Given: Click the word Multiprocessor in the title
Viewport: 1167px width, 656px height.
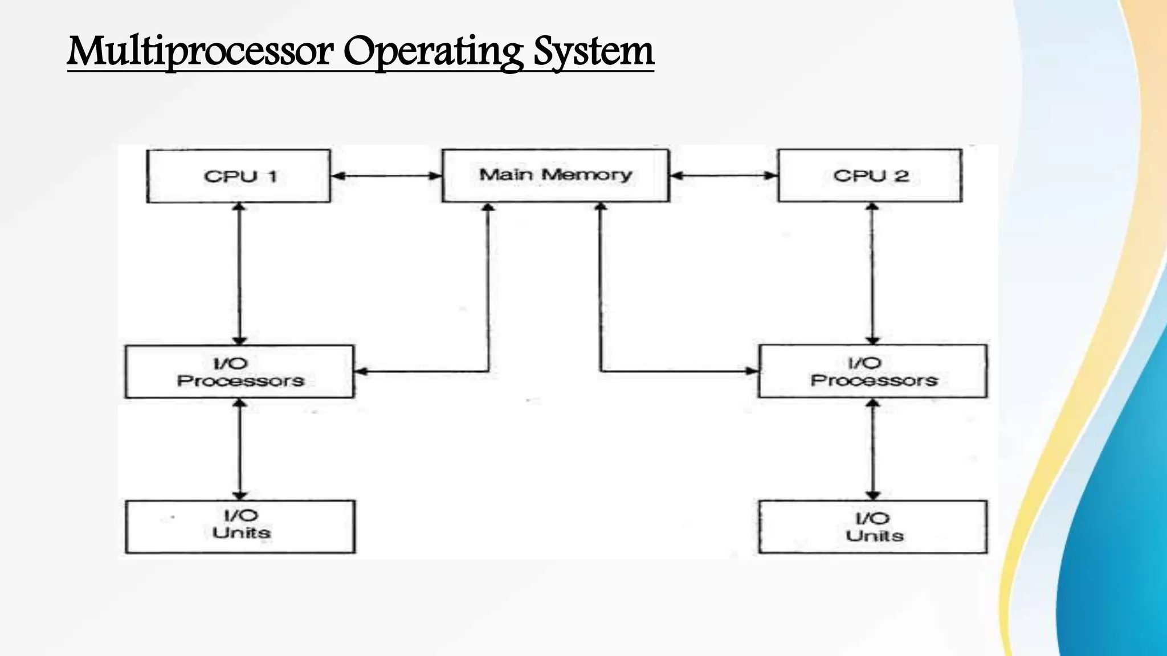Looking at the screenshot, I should tap(200, 51).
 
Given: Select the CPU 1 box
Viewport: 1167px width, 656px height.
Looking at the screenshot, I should tap(239, 176).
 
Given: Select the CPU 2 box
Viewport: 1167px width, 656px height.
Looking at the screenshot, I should tap(870, 175).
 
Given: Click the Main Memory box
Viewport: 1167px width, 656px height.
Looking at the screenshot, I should tap(556, 175).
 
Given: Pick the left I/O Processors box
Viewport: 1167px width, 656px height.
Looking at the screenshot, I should tap(239, 372).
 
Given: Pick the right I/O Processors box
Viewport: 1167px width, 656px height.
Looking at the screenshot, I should tap(872, 371).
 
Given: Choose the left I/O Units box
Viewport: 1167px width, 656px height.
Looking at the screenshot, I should tap(240, 527).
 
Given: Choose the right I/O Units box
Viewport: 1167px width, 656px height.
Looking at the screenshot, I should tap(872, 527).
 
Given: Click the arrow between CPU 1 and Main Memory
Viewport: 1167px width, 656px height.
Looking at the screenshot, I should tap(386, 176).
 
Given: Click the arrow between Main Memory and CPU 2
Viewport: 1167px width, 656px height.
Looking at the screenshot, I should tap(723, 175).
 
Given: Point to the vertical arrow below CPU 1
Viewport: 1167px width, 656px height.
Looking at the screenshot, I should tap(239, 273).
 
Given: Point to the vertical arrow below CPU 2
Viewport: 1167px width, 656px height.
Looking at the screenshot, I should tap(872, 273).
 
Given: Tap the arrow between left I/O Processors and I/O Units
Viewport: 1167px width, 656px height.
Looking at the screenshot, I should tap(239, 449).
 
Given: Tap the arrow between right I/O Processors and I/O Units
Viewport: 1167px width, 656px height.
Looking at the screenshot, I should tap(872, 449).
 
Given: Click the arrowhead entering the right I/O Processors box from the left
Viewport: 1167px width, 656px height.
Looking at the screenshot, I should tap(752, 371).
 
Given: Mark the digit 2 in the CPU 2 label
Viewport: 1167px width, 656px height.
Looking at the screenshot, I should tap(901, 175).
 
